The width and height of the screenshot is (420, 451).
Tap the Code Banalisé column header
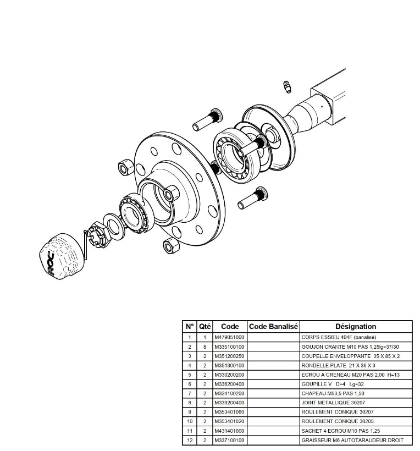point(273,326)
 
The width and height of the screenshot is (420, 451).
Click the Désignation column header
point(356,326)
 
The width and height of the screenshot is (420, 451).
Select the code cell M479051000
point(229,337)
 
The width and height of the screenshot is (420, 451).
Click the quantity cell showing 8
point(205,346)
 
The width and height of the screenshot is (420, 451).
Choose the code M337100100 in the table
point(229,440)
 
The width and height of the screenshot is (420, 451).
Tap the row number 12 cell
point(190,440)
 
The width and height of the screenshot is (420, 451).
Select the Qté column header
point(205,326)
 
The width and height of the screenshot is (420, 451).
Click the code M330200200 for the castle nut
point(229,375)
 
